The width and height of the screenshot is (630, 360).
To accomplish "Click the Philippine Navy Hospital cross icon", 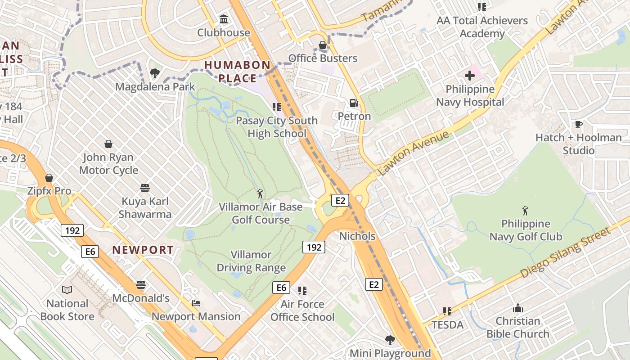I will pos(470,76).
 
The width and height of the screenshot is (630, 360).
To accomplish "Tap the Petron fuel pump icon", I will pos(355,103).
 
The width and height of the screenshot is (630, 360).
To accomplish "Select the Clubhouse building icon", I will pos(223,19).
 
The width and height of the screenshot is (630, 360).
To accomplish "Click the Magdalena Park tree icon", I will pos(155,73).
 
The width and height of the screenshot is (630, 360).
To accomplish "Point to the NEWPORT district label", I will pos(143,250).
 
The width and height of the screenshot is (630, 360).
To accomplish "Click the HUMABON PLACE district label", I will pos(237,72).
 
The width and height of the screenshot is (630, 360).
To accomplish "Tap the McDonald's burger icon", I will pos(141,285).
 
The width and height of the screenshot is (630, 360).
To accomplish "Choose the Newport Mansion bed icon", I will pos(196,303).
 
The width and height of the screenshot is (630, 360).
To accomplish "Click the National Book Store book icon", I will pos(67,290).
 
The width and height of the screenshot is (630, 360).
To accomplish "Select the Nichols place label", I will pos(357,236).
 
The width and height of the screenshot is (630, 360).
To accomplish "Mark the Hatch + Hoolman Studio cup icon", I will pos(578,125).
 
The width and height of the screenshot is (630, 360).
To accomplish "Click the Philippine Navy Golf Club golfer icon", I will pos(525,211).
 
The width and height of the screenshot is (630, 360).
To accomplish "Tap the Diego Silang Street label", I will pos(566,252).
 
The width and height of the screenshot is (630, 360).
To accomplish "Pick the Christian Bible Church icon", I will pos(517,308).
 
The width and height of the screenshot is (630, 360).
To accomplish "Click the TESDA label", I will pos(447,324).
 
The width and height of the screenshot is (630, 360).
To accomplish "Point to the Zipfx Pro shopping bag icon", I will pos(49,178).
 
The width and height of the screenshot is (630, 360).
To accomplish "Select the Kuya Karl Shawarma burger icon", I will pos(145,188).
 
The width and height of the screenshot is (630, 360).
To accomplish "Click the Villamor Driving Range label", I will pos(251,261).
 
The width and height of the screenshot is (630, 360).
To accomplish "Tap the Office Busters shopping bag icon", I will pos(323,45).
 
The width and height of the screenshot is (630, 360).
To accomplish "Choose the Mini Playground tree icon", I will pos(390,340).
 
